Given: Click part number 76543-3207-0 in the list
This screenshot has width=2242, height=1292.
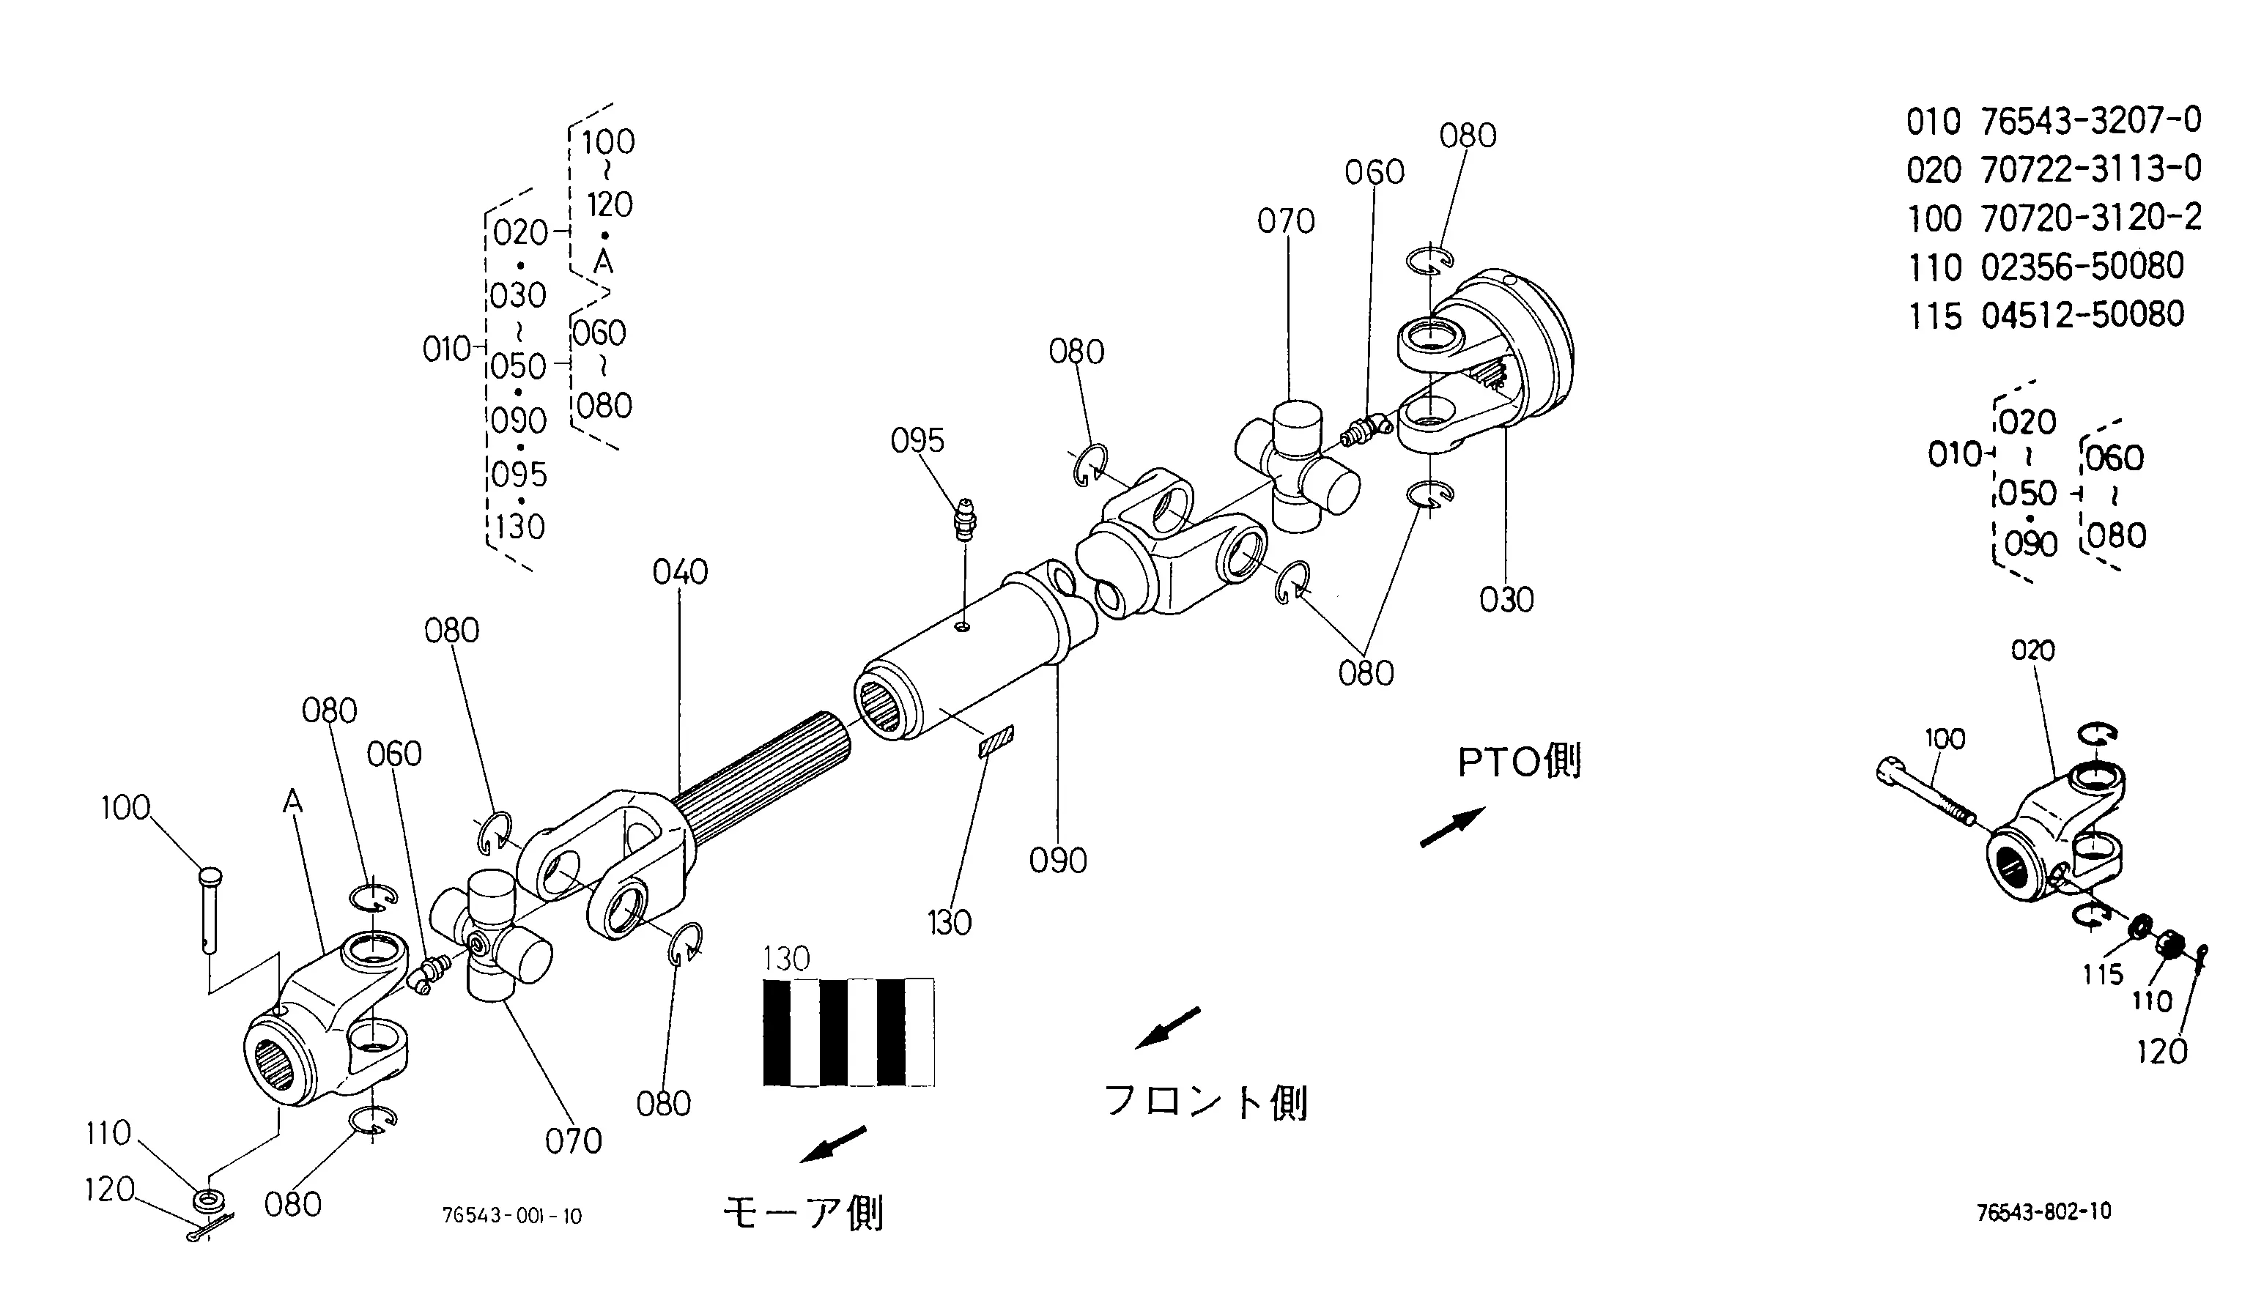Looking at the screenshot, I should [2090, 121].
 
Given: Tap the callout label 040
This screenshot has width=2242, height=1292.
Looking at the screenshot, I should [680, 572].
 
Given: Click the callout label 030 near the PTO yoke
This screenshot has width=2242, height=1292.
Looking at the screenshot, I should [1506, 601].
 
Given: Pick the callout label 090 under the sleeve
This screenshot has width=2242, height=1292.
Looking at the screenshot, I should [1058, 861].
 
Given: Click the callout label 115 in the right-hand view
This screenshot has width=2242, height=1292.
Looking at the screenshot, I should [2103, 974].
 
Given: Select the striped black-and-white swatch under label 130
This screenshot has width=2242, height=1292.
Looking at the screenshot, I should [848, 1032].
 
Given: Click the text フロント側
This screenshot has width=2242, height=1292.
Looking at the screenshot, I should [1205, 1102].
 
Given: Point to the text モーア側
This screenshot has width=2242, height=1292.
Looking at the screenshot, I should [802, 1213].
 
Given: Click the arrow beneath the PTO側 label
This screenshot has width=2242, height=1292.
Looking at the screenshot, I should [1453, 827].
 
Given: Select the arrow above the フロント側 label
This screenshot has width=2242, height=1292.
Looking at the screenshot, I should [1168, 1028].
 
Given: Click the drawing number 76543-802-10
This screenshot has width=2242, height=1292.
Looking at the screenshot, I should [2043, 1212].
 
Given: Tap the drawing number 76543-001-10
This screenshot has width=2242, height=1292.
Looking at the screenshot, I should [512, 1216].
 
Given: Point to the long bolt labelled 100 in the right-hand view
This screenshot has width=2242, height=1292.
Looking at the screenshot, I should [1926, 790].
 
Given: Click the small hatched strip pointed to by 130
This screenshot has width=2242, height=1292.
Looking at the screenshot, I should [996, 742].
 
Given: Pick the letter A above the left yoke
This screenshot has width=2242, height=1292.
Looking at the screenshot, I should [293, 802].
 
